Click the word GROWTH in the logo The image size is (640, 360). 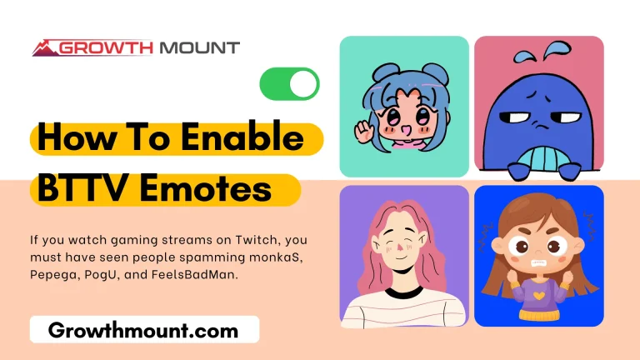tap(107, 47)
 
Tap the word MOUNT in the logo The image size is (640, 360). tap(197, 47)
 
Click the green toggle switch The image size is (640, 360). tap(289, 83)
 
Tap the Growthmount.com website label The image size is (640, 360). tap(143, 330)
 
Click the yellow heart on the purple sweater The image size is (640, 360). tap(538, 294)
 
